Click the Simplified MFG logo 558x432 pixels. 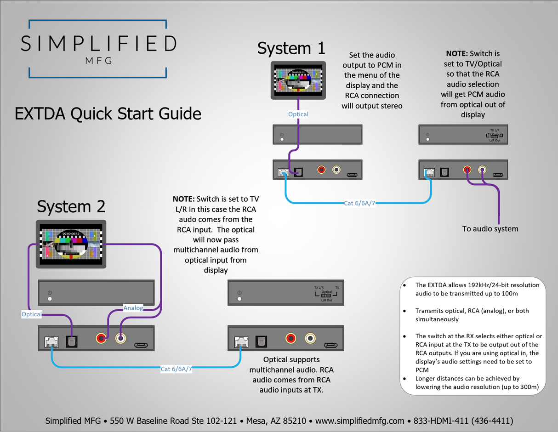tap(98, 48)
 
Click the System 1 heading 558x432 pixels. tap(291, 48)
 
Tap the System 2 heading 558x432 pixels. tap(71, 206)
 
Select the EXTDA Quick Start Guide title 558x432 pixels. tap(108, 113)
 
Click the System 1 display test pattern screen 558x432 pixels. tap(298, 80)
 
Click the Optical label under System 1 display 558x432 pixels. tap(298, 114)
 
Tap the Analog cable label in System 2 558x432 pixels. tap(133, 307)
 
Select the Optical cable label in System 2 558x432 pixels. tap(31, 314)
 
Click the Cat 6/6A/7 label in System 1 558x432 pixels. tap(359, 203)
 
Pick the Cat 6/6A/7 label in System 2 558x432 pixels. tap(176, 369)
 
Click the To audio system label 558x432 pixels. tap(490, 229)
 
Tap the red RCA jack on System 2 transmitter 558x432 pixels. tap(101, 339)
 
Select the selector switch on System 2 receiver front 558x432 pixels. tap(326, 296)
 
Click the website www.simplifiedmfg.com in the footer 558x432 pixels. tap(359, 421)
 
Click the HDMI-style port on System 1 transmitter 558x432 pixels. tap(353, 175)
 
